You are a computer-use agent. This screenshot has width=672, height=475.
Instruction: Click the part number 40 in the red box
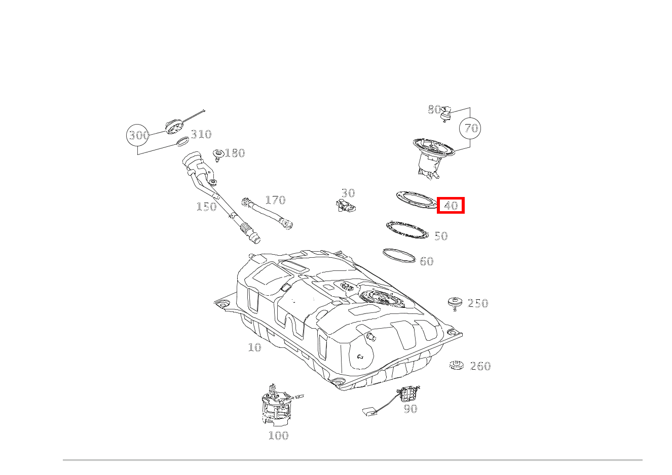pos(451,206)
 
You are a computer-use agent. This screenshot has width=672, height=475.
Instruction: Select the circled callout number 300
pos(138,135)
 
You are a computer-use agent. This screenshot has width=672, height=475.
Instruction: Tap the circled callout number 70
pos(470,128)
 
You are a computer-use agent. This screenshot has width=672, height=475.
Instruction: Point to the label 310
pos(201,134)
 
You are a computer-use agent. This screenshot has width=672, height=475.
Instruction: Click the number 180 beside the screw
pos(235,153)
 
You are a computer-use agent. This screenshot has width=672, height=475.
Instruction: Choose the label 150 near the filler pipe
pos(206,207)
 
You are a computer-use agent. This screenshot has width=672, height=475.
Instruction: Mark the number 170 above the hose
pos(275,200)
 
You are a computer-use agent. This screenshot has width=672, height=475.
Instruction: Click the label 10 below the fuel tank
pos(255,347)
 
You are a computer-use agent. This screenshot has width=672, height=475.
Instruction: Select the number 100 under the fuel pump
pos(278,436)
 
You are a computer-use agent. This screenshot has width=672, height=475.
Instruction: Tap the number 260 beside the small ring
pos(480,366)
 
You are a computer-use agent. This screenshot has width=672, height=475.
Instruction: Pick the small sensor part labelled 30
pos(346,206)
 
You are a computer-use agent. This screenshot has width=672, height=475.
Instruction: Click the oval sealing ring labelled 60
pos(399,255)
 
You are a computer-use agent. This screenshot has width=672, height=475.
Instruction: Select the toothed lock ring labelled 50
pos(407,230)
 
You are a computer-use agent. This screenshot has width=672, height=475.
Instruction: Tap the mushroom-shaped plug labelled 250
pos(455,304)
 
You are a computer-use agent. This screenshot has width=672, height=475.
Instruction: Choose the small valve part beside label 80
pos(446,114)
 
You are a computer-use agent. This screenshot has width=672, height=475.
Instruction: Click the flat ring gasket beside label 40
pos(417,200)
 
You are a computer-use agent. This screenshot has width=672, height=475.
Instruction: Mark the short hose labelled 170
pos(267,213)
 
